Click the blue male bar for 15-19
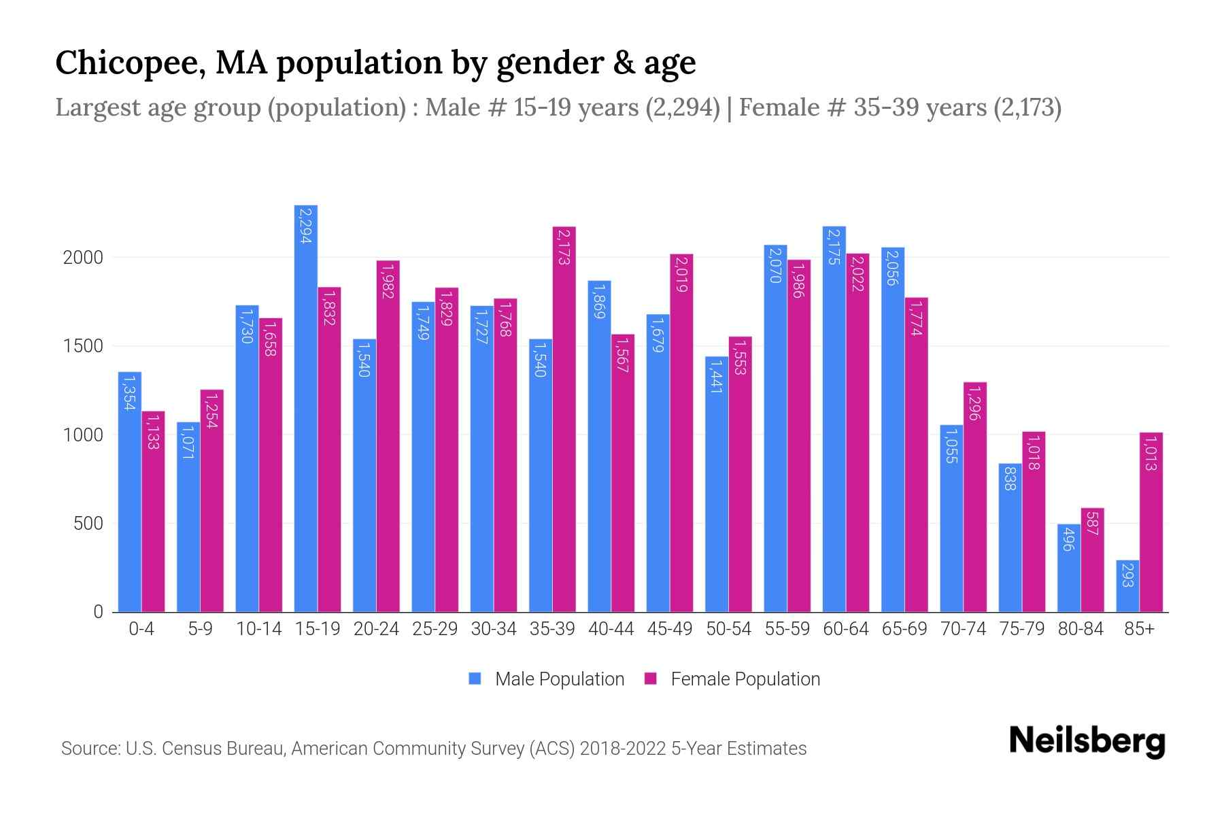(x=306, y=408)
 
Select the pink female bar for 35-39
(x=564, y=420)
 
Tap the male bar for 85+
(x=1127, y=586)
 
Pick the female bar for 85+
(x=1151, y=522)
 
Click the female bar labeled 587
(x=1092, y=560)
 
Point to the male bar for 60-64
(x=834, y=420)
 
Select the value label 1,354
(x=129, y=393)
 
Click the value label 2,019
(x=681, y=274)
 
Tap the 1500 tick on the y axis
(x=83, y=346)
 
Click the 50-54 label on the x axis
(x=728, y=629)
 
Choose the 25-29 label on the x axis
(x=435, y=629)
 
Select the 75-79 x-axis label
(x=1022, y=629)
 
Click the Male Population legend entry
(x=559, y=679)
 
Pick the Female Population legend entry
(x=745, y=679)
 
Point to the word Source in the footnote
(x=90, y=749)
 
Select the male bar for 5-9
(x=188, y=517)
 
